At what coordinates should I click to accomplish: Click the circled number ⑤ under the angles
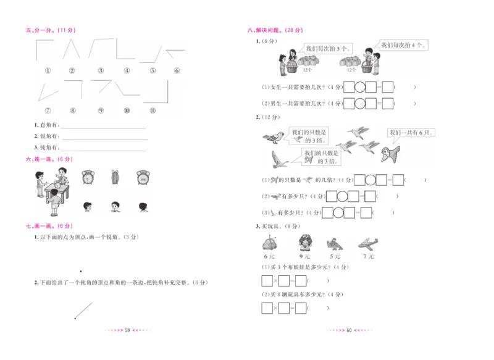point(152,70)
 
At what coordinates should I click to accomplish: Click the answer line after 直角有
point(103,126)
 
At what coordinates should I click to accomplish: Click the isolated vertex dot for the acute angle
point(80,270)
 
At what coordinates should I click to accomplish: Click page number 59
point(127,331)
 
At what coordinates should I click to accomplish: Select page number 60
point(349,331)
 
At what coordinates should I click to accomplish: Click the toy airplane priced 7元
point(367,243)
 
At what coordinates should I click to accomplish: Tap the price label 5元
point(335,256)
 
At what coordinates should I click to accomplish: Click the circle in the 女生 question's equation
point(360,87)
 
